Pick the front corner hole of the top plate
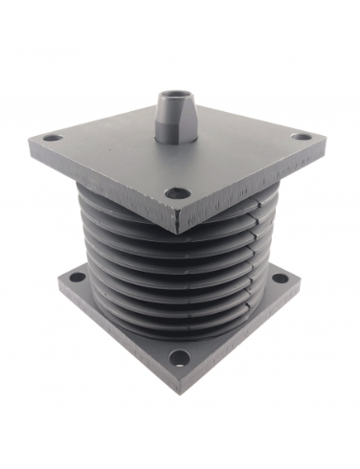(x=174, y=192)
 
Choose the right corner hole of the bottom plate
(x=279, y=279)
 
